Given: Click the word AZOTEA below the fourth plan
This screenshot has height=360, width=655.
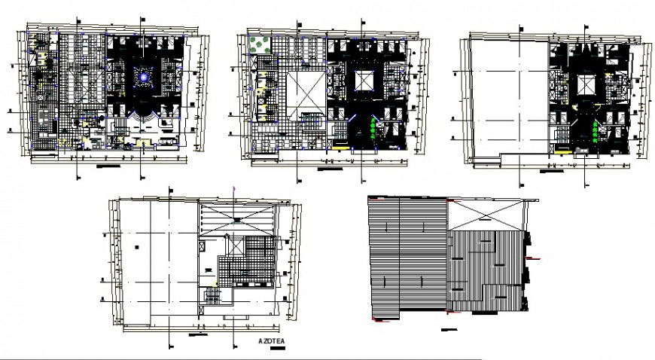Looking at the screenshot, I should pos(272,340).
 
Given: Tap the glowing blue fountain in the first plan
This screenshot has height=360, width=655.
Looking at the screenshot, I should pos(142,75).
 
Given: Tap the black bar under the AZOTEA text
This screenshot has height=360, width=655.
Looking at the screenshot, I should pos(272,348).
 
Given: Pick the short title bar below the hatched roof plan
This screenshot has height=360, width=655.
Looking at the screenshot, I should pos(450,331).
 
